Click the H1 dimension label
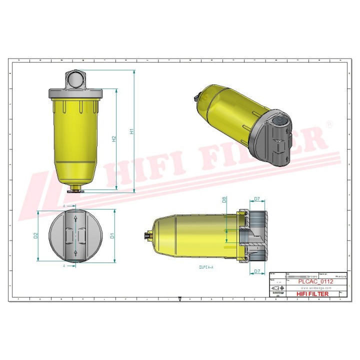tap(131, 132)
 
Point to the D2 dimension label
tap(36, 235)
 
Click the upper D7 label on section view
tap(256, 199)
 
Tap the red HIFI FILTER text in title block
tap(312, 294)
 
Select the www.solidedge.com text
tap(312, 288)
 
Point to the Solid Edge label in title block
tap(277, 294)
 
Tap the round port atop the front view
tap(75, 79)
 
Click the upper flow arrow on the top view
tap(75, 219)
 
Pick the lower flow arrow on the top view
tap(75, 250)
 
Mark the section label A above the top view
tap(64, 205)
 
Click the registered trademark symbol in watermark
tap(328, 123)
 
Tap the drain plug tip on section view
tap(148, 233)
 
